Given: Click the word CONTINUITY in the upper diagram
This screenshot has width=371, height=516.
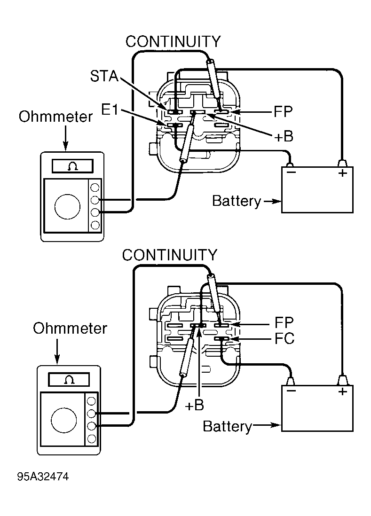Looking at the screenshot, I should pos(173,41).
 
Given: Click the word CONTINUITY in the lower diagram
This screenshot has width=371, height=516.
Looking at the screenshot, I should pos(169,255).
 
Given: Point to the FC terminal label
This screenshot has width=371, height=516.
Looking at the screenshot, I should pos(284,339).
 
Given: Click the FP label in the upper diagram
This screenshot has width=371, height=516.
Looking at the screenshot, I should pos(283,112).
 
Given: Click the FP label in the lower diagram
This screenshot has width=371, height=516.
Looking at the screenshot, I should pos(284,323).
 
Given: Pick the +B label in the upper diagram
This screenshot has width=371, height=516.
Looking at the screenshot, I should pos(284,136).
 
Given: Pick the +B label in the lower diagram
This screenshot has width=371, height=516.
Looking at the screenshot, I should pos(194,406).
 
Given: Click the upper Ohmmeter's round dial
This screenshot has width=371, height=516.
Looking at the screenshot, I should pos(67,205).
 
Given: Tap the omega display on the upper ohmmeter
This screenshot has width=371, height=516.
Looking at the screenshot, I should pos(72,165).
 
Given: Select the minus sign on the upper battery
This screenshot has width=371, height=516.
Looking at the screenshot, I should pos(291,172).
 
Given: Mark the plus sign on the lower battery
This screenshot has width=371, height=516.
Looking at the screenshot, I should pos(342,391).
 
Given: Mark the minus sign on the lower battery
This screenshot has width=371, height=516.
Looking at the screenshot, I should pos(291,391).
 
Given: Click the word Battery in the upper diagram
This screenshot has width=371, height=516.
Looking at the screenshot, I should pos(236,201).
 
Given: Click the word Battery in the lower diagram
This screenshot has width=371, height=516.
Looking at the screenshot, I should pos(227,426).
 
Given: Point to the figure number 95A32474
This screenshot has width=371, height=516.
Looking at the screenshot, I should pos(43,477).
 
